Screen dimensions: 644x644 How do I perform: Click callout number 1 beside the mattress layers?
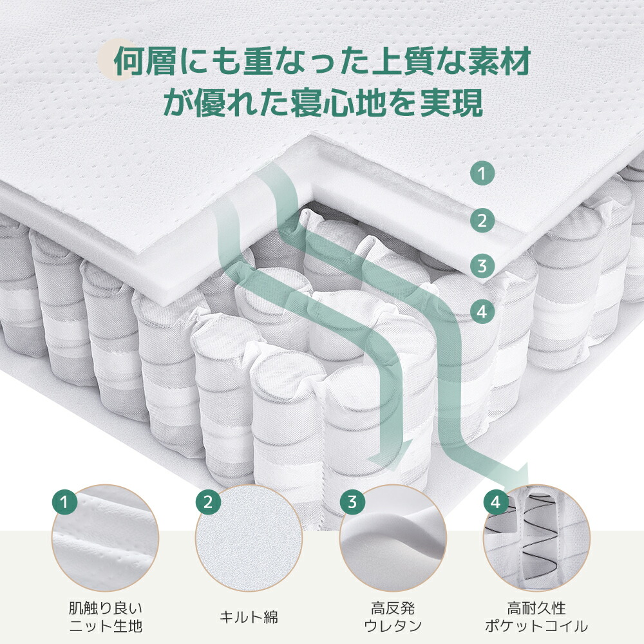[x=482, y=173]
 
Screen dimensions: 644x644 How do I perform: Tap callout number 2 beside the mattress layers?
[x=482, y=222]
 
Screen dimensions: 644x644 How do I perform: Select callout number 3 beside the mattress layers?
[x=482, y=265]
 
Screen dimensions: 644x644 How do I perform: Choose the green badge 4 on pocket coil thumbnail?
[x=495, y=501]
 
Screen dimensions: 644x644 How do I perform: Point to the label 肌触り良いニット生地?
[x=105, y=616]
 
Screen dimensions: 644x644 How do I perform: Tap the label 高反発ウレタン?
[x=393, y=616]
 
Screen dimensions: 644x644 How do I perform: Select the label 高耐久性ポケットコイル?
[x=536, y=616]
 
